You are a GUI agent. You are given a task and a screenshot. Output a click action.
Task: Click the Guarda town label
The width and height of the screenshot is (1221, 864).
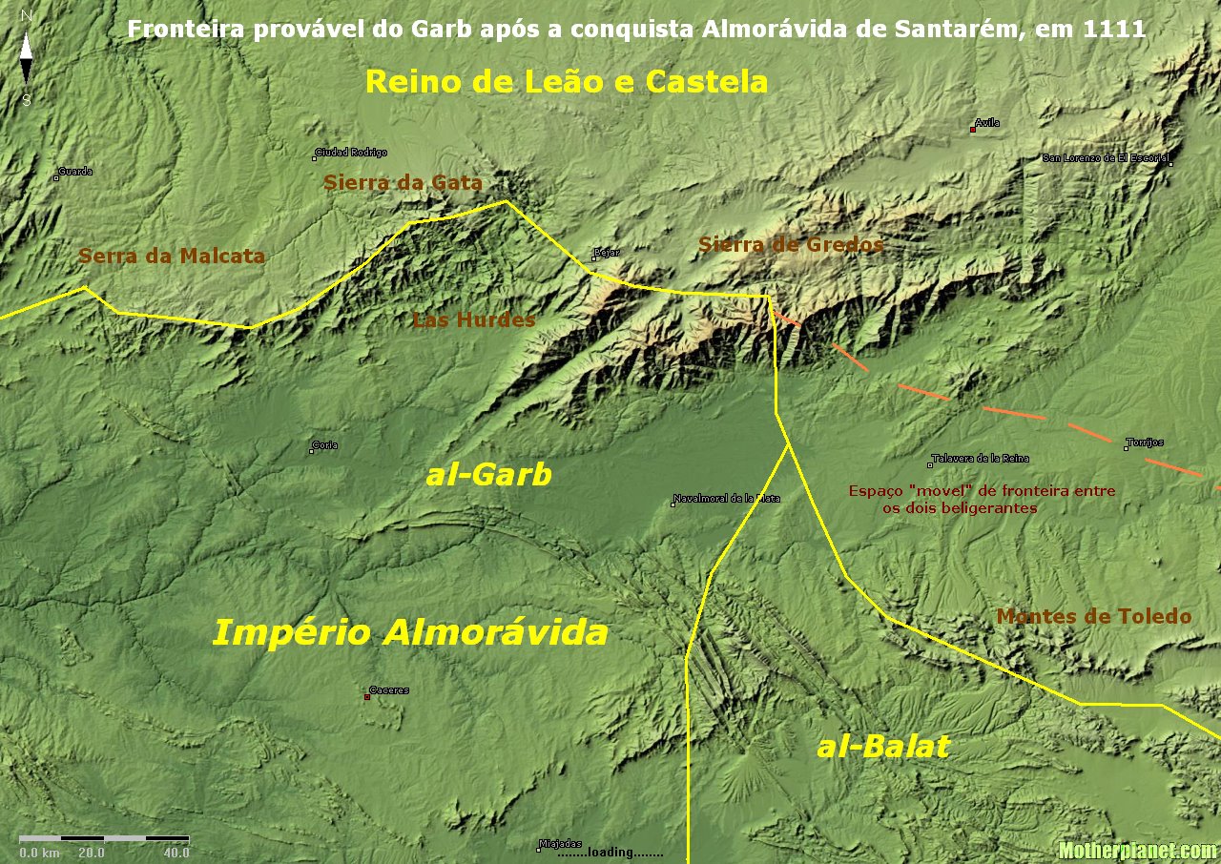75,172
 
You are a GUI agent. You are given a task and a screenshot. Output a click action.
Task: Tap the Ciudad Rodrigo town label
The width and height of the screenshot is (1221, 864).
351,153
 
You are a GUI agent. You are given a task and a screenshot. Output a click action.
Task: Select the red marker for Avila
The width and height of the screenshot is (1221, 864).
972,129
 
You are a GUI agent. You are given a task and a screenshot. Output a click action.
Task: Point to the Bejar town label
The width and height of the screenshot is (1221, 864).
608,253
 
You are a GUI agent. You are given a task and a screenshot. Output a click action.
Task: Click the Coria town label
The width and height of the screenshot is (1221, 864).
326,445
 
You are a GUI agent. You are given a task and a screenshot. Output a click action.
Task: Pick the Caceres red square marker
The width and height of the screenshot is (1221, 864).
367,697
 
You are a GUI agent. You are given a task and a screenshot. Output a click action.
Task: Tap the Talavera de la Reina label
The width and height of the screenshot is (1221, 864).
982,459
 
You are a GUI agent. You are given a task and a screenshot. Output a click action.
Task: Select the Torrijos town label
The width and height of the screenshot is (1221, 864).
1145,442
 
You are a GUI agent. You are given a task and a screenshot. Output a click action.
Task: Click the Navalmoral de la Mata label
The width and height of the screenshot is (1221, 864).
727,498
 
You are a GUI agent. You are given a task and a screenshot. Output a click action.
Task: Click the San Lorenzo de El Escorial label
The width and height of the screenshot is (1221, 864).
1107,158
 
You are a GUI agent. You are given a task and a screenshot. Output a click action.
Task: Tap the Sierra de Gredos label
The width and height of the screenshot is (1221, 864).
791,245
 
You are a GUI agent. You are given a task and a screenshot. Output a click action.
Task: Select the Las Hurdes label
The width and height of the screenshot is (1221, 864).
474,320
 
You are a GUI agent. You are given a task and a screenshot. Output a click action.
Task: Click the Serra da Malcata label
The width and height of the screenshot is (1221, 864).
172,256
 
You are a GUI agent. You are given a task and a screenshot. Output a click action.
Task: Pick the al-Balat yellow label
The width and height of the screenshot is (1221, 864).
883,747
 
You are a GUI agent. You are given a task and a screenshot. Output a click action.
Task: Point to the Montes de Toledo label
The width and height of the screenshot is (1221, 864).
1094,617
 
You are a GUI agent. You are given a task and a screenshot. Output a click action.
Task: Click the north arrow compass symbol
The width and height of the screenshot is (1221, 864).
27,57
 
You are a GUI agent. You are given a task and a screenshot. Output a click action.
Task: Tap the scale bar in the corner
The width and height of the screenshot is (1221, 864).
104,838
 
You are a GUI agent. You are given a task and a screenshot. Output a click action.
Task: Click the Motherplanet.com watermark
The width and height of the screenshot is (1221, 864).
1137,851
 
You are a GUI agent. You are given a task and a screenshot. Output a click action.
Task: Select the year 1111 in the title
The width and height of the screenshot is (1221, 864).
1115,30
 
